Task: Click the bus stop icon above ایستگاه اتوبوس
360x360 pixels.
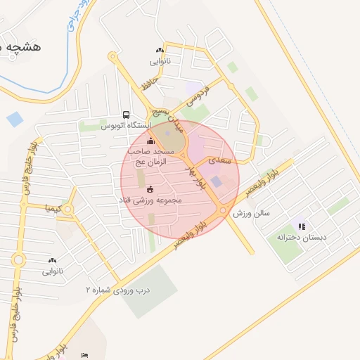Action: click(126, 115)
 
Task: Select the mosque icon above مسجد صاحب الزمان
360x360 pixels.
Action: click(150, 141)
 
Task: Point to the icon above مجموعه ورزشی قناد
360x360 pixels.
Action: click(150, 188)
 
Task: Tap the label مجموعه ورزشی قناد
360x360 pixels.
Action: click(150, 200)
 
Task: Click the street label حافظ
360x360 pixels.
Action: click(146, 84)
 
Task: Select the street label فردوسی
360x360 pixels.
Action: click(198, 98)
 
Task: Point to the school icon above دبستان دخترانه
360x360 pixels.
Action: click(302, 226)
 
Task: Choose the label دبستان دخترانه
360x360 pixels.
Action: click(302, 237)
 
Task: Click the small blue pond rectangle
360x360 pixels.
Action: click(14, 119)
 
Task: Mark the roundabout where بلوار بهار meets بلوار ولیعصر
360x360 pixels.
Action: click(223, 210)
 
